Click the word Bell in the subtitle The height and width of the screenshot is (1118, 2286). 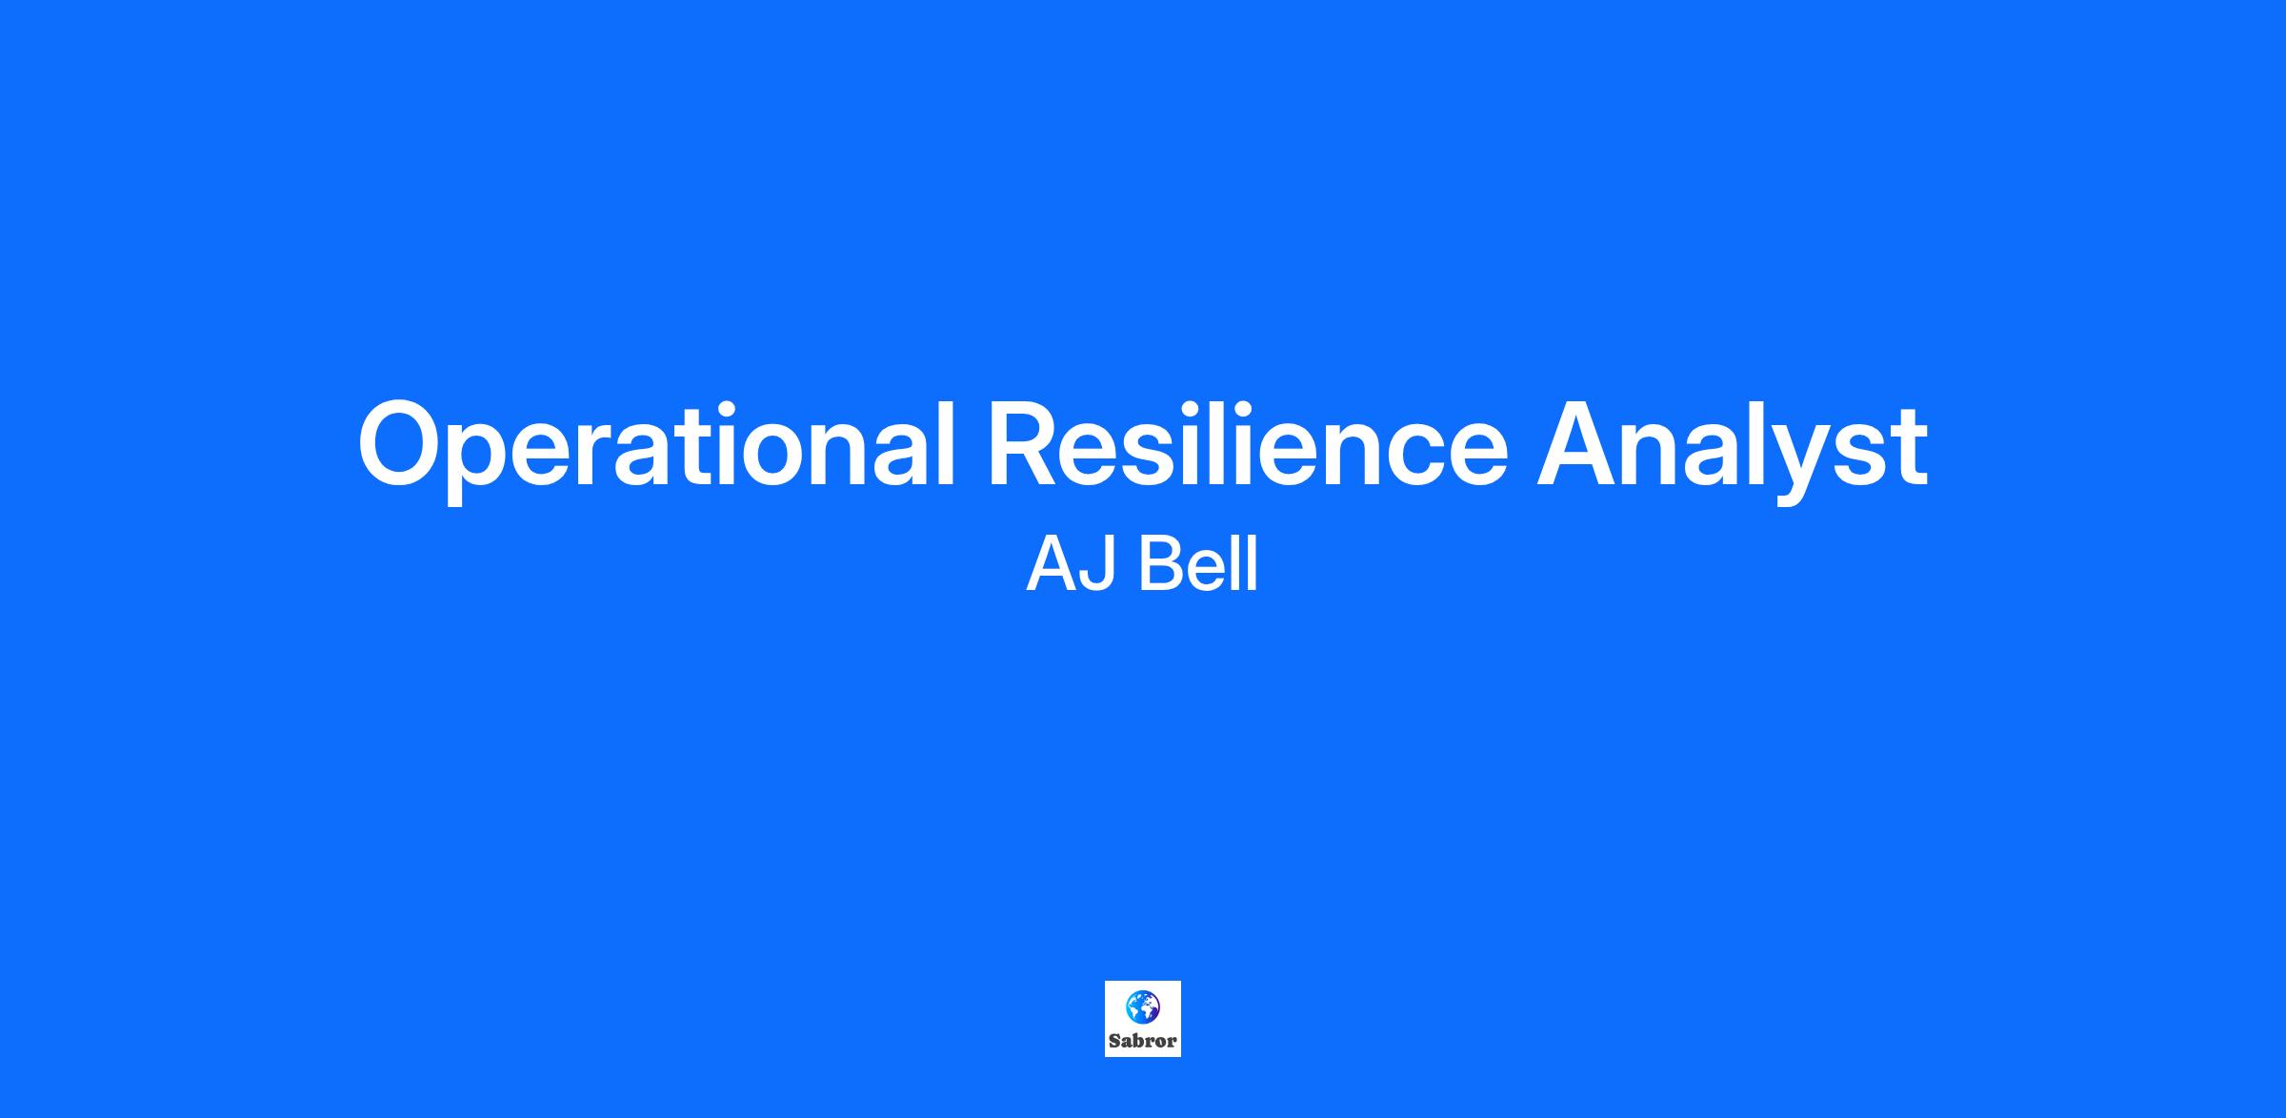1198,564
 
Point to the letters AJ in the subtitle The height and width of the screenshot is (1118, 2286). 1071,564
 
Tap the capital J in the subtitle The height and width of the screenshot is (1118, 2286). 1097,565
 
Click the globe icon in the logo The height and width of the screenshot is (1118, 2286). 1142,1006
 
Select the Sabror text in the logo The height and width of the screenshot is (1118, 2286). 1143,1041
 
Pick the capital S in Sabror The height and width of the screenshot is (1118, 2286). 1114,1041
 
